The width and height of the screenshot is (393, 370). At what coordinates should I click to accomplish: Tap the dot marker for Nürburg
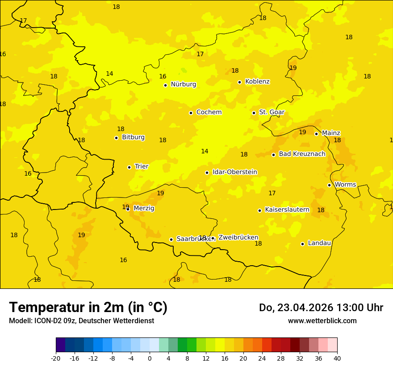(x=165, y=85)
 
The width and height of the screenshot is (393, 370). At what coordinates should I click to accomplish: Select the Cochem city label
(x=209, y=112)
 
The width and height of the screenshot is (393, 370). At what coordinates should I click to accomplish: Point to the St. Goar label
(x=272, y=112)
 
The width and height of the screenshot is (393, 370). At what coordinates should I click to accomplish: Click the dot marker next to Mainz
(x=316, y=134)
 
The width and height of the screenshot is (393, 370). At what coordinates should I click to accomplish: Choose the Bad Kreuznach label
(x=302, y=154)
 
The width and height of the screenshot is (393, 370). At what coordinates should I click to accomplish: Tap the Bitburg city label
(x=133, y=137)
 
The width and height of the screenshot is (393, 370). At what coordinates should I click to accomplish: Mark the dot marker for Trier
(x=129, y=167)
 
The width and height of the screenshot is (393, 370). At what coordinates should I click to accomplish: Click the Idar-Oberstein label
(x=235, y=172)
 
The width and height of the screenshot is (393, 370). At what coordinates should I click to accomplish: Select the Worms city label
(x=345, y=185)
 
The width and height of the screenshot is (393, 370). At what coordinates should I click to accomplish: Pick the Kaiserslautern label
(x=287, y=210)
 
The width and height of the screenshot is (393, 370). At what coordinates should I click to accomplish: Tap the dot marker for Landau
(x=302, y=244)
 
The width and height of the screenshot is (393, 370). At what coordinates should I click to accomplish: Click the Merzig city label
(x=144, y=208)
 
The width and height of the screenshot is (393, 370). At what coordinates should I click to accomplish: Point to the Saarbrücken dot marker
(x=171, y=239)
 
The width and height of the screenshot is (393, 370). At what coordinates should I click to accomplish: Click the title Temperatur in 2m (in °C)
(x=88, y=308)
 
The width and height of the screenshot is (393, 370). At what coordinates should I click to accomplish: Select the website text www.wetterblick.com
(x=322, y=321)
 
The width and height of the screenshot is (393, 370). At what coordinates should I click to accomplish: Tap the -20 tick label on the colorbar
(x=56, y=358)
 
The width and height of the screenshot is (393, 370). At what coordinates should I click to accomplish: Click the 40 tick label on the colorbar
(x=337, y=358)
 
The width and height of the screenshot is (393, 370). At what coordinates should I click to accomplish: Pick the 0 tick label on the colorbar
(x=150, y=358)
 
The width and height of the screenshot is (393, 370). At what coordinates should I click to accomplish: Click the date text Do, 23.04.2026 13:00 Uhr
(x=321, y=308)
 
